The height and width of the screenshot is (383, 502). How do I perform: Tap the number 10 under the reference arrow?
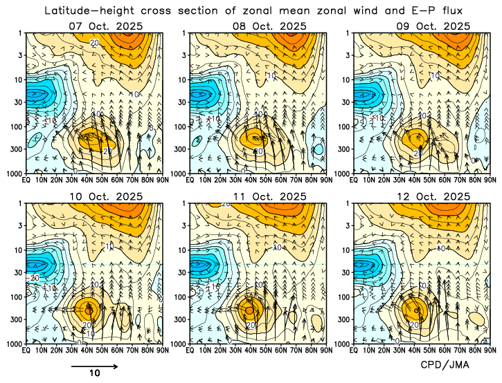96,373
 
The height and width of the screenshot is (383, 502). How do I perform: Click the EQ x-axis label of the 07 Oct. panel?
26,179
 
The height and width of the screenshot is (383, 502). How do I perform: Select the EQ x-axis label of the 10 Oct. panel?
26,350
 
